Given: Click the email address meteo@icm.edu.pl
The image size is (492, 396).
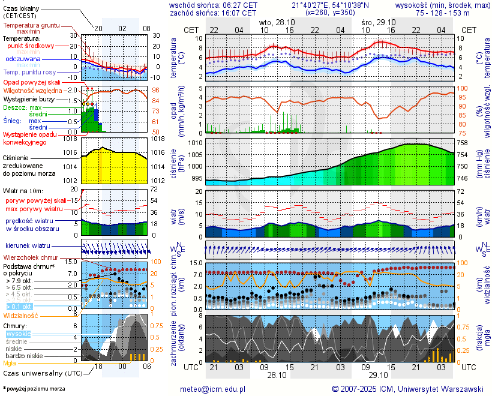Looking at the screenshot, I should point(213,389).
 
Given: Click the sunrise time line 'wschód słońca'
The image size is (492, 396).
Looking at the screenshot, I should point(214,4).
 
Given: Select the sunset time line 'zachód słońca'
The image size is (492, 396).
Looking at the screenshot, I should point(214,12).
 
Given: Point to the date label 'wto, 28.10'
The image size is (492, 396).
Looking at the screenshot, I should point(277,21).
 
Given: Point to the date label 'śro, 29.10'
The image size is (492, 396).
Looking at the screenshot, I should point(379,21).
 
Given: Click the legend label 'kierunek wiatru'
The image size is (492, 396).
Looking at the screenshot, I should point(28,246).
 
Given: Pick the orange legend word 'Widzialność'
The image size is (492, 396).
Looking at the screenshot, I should point(21,315).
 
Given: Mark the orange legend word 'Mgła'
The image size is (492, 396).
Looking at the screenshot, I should point(10,363).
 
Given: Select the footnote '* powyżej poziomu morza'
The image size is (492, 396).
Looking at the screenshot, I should point(34,389).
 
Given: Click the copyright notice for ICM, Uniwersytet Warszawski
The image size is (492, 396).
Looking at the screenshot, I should point(407,389).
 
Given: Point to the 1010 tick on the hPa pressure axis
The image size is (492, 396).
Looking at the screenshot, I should point(196,143).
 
